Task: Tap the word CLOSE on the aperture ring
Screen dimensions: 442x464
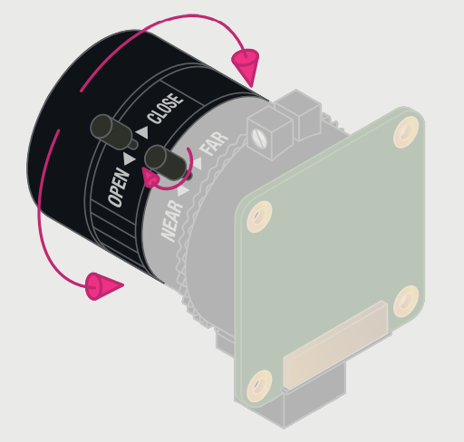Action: click(165, 109)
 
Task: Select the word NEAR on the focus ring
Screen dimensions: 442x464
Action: click(172, 220)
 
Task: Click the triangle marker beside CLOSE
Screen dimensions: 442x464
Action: click(141, 133)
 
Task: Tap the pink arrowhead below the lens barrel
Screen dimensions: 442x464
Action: click(104, 287)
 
